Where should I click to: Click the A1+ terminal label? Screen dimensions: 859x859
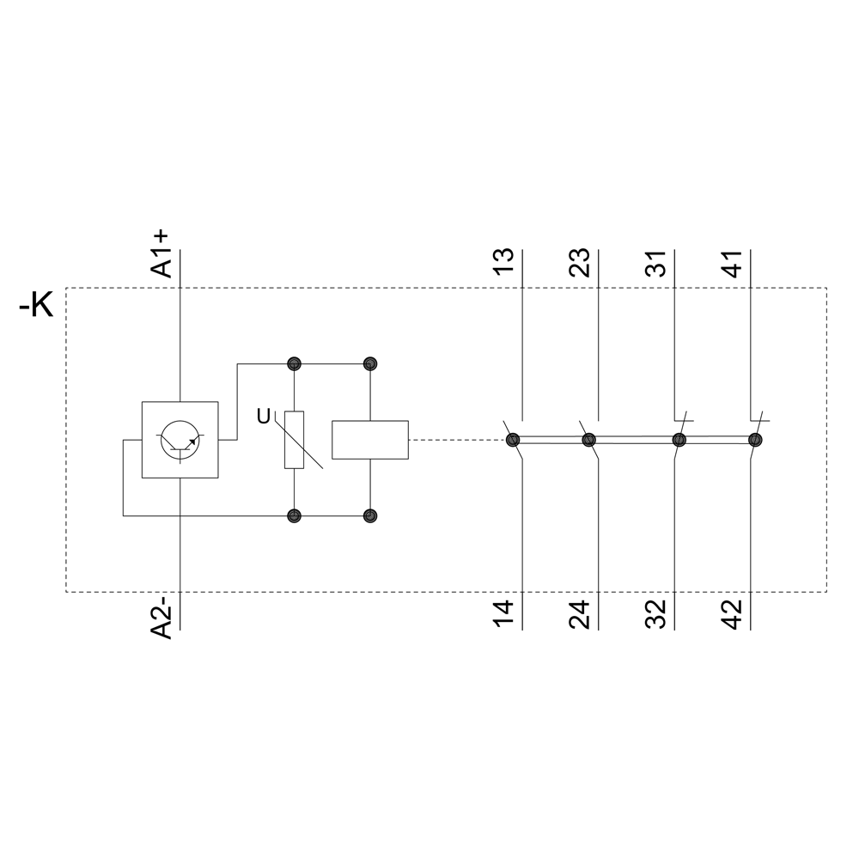(161, 254)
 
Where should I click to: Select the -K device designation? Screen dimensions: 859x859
(36, 305)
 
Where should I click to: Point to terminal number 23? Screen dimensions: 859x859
(580, 262)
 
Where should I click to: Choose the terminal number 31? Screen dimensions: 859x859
(655, 262)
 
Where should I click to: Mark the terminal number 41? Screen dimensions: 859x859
(733, 263)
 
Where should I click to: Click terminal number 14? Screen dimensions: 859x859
(503, 613)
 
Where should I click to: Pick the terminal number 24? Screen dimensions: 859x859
(580, 613)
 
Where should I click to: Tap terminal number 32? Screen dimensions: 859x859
(655, 613)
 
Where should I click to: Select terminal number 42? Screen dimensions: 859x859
(733, 613)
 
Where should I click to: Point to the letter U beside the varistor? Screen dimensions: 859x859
(264, 417)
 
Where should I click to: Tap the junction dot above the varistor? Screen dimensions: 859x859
(294, 363)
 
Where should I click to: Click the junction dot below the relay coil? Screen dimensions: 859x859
(370, 516)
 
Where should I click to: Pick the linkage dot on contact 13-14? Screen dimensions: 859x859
(513, 440)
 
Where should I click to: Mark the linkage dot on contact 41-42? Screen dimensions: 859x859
(755, 440)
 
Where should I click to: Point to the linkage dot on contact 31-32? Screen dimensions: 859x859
(679, 440)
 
